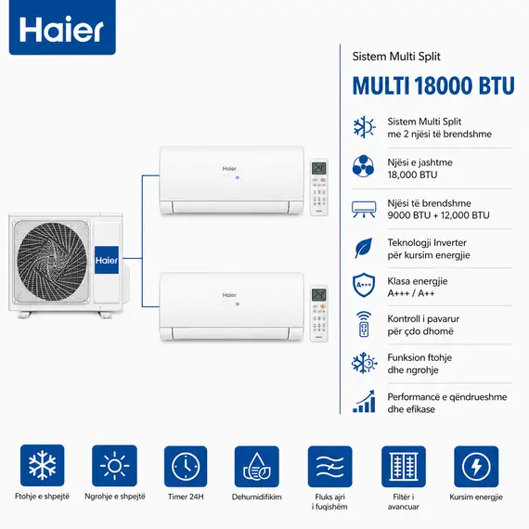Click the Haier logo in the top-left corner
click(62, 31)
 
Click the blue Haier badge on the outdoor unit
click(108, 261)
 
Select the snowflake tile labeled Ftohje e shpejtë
click(41, 467)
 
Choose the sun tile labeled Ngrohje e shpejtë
click(113, 467)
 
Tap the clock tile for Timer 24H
click(186, 467)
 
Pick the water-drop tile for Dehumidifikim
click(257, 467)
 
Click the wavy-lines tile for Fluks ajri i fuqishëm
click(329, 467)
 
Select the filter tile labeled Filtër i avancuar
click(403, 467)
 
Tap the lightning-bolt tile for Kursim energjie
click(475, 467)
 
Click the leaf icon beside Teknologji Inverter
click(364, 248)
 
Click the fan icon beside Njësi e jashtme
click(364, 168)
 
